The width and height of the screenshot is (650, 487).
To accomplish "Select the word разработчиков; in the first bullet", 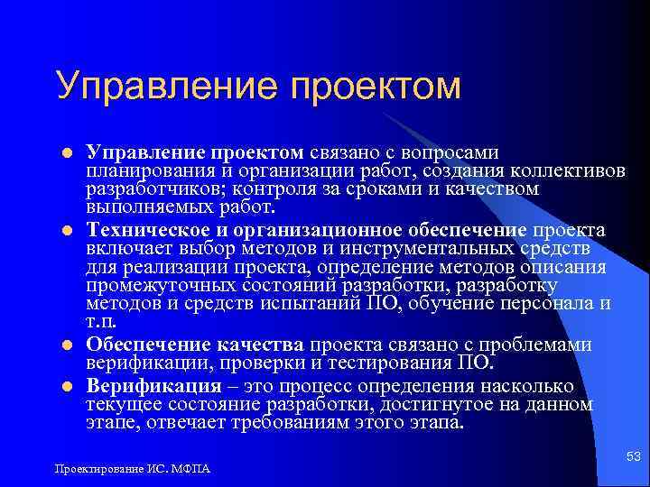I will coord(156,188).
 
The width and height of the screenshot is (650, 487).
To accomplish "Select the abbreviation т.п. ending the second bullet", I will coord(101,321).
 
